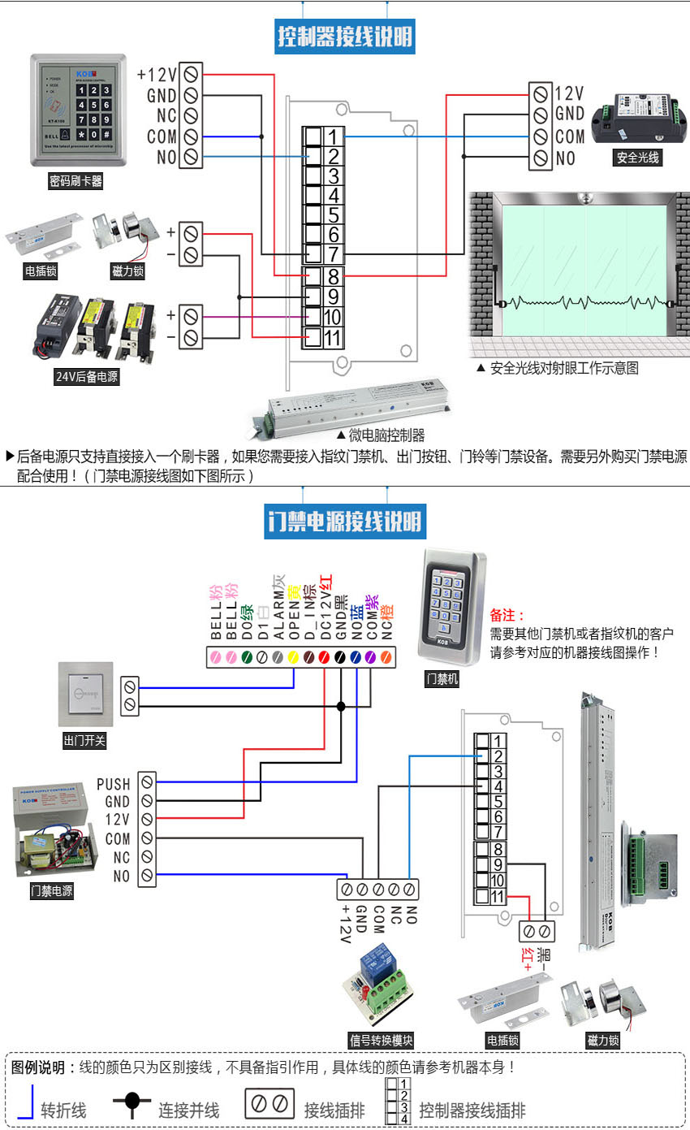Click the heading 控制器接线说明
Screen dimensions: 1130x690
click(x=345, y=37)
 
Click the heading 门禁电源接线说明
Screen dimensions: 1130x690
click(x=345, y=521)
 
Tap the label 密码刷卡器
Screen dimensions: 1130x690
click(x=76, y=181)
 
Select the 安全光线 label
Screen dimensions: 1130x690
click(x=636, y=158)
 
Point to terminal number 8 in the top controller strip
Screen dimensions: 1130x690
click(x=334, y=277)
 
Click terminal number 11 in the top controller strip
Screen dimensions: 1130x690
click(x=334, y=338)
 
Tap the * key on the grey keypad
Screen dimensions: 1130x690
click(x=82, y=133)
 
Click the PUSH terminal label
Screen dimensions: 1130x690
click(x=114, y=784)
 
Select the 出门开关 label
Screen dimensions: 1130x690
click(x=84, y=740)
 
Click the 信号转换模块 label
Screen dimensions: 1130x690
click(x=382, y=1041)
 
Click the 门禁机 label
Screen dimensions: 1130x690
click(x=442, y=679)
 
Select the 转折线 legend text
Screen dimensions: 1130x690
click(x=63, y=1110)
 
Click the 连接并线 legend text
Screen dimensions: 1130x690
click(x=188, y=1110)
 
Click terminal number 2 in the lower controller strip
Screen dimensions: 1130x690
click(x=498, y=756)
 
